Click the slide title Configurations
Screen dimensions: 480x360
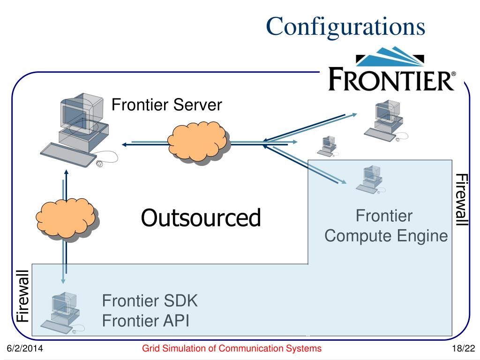345,27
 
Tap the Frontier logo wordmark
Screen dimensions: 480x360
392,80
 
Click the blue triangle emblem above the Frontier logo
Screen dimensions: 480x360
390,56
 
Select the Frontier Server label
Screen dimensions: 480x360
166,105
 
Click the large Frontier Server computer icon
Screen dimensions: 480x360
79,130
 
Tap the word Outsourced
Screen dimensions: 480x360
201,218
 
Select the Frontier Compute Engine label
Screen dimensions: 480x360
386,225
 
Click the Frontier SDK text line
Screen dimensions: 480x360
150,300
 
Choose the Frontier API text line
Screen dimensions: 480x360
146,321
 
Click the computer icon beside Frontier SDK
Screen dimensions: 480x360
62,312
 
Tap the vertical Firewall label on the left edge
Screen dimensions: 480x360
23,296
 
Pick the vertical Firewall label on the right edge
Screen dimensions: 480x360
462,200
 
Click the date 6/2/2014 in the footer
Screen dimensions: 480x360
25,348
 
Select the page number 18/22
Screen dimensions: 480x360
464,348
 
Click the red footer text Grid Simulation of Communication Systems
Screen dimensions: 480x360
232,348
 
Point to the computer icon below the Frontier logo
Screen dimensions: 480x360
386,121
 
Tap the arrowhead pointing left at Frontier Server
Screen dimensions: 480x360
124,144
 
